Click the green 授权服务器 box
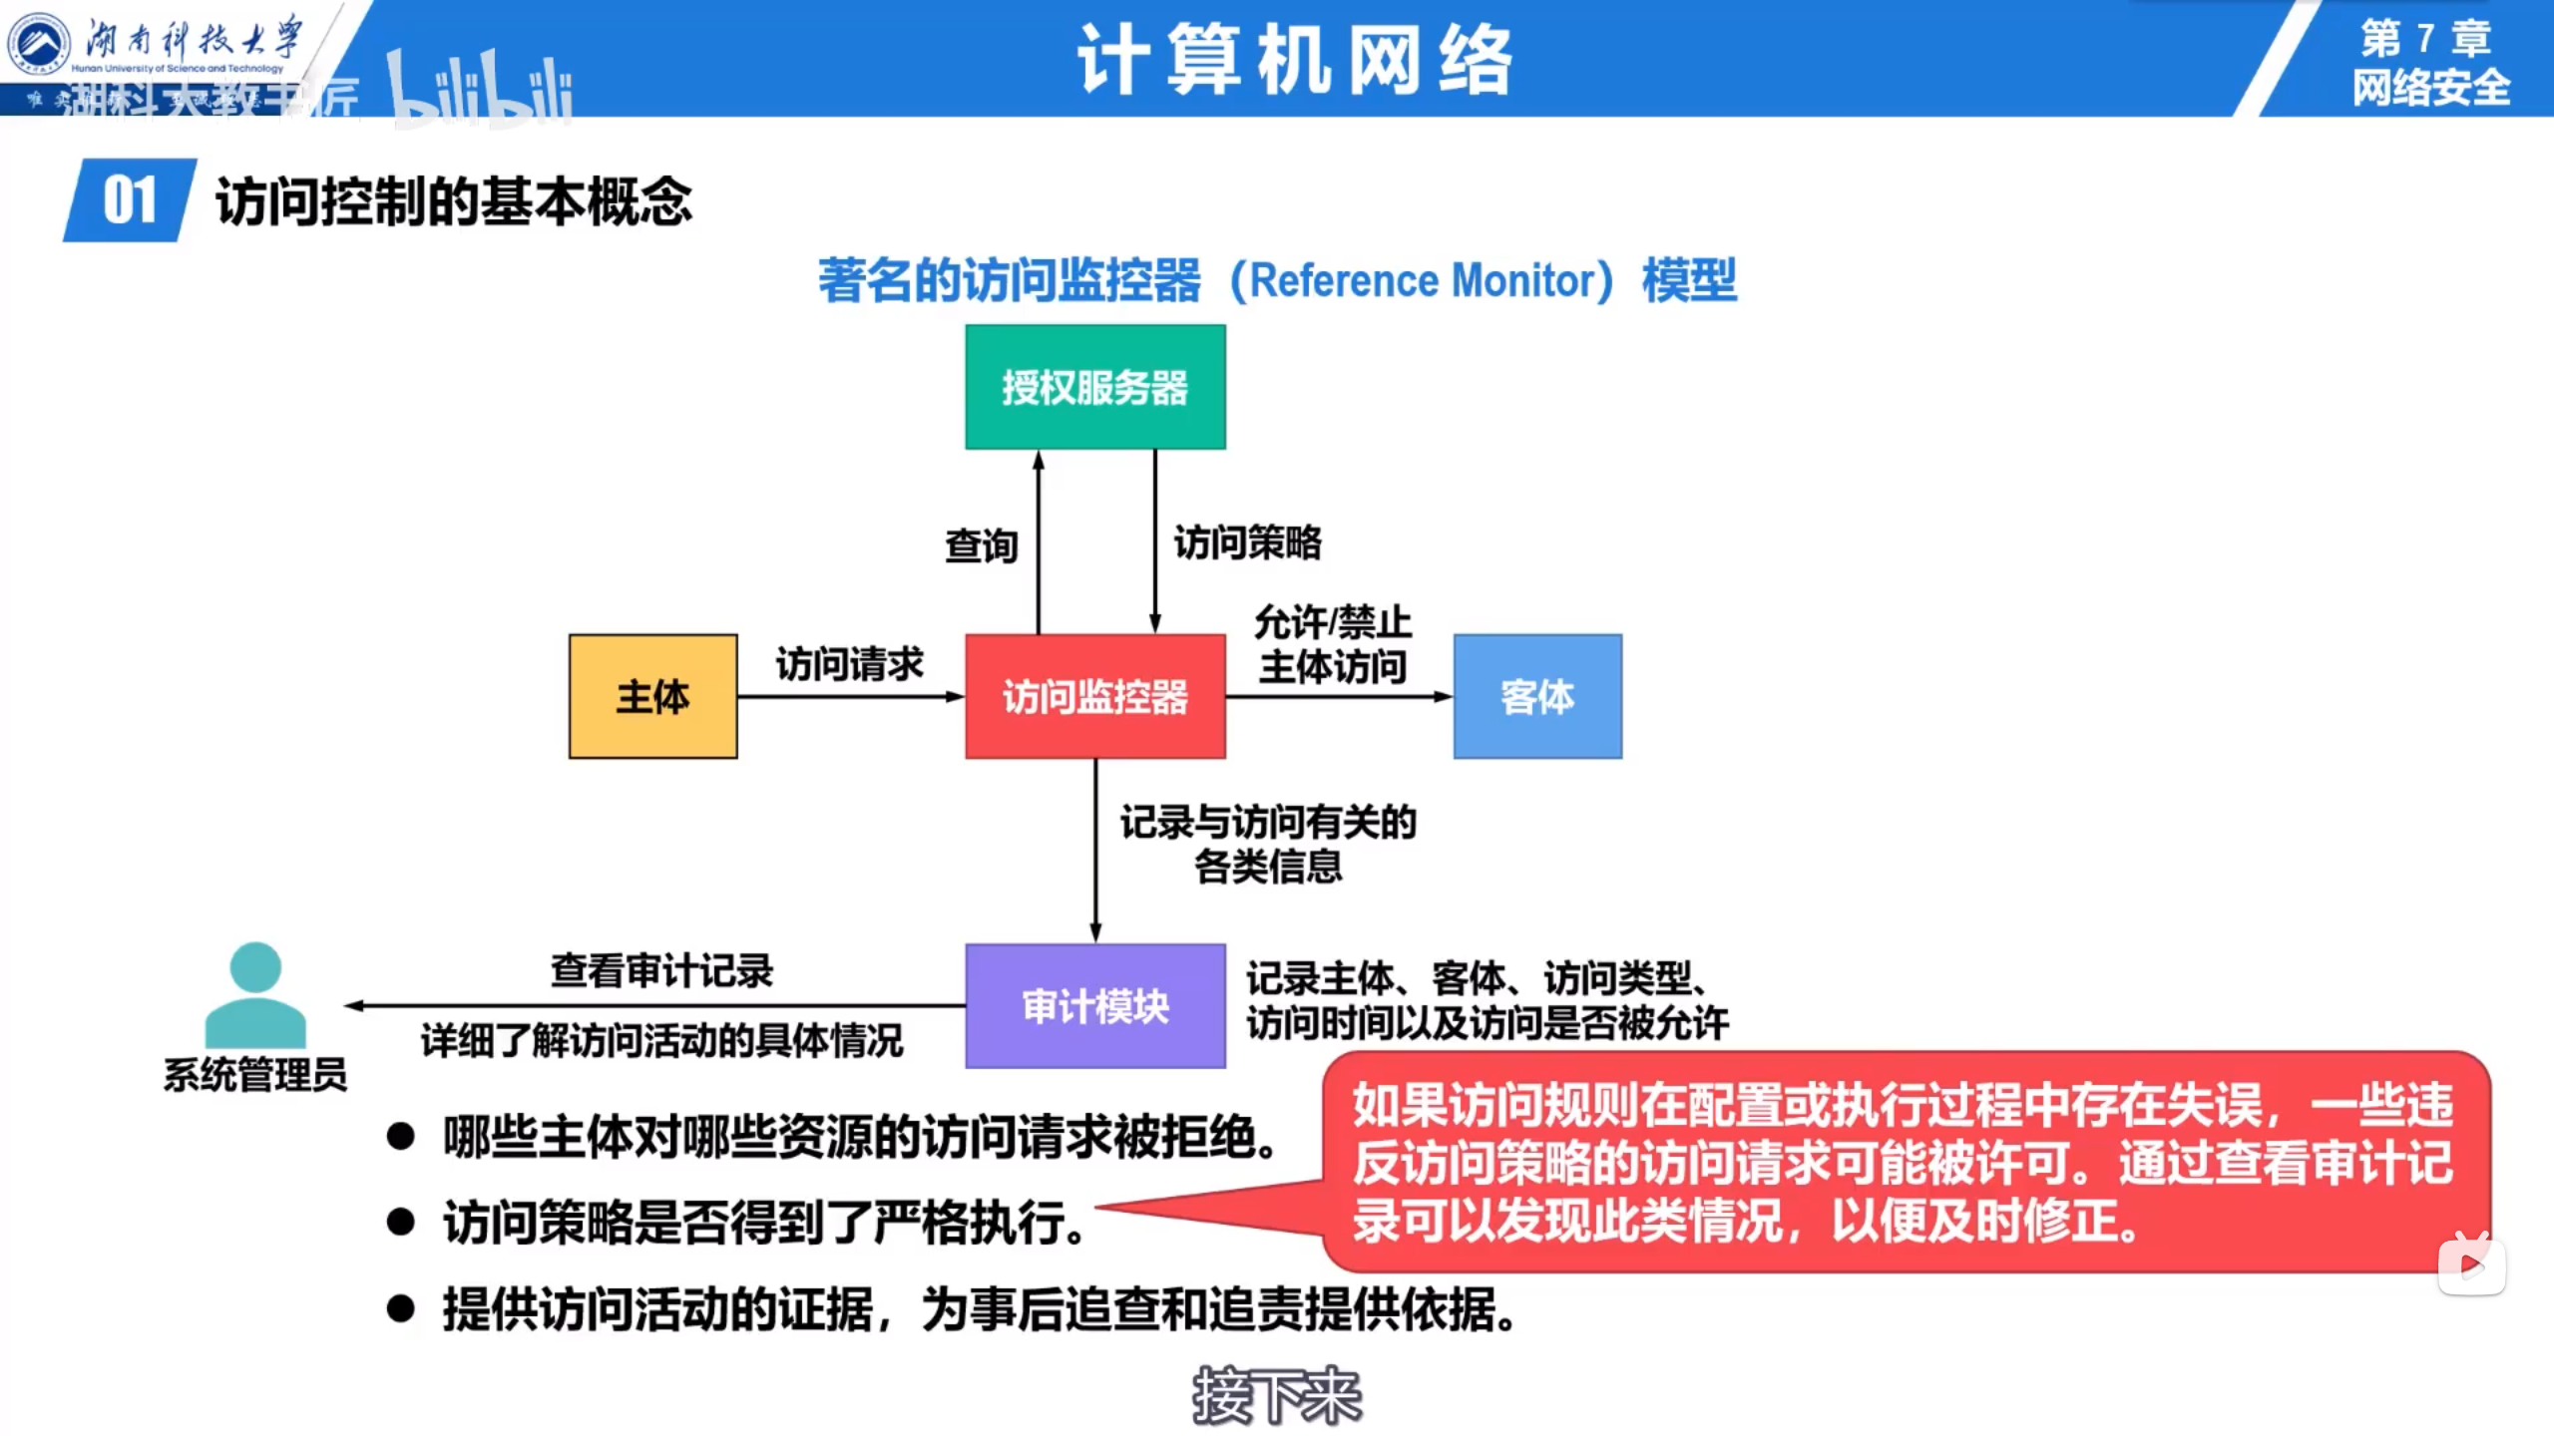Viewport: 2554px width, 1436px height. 1094,387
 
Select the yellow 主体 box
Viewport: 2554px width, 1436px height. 652,696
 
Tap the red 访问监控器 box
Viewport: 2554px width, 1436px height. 1094,696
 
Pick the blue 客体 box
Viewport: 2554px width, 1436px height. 1536,696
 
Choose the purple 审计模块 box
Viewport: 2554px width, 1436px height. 1094,1005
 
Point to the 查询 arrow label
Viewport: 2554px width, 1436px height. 982,545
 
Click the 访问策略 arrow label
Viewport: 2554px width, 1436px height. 1247,543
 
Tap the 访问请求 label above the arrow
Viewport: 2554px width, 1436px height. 850,664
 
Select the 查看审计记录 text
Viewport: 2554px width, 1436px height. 661,970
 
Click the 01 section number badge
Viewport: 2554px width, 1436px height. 130,200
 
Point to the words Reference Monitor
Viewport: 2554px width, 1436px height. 1421,280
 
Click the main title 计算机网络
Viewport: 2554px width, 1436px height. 1295,60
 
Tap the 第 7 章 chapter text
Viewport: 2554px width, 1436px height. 2425,39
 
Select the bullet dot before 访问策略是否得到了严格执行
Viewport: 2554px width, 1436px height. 401,1222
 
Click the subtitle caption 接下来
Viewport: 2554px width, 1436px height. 1277,1395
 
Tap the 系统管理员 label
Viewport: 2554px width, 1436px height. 255,1075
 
